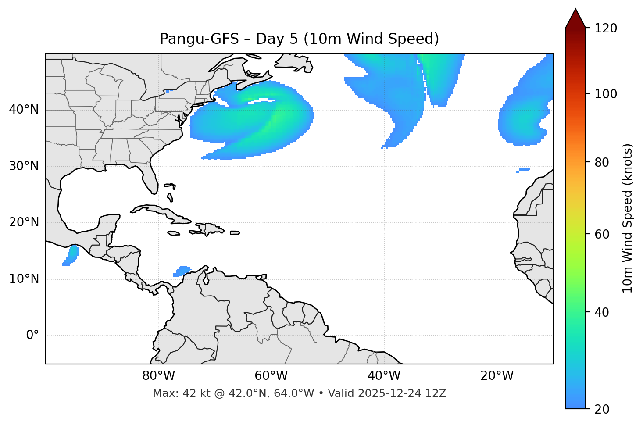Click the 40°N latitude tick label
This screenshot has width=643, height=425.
(x=24, y=110)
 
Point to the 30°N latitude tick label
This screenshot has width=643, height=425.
(x=24, y=166)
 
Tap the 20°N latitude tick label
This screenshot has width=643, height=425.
(x=24, y=222)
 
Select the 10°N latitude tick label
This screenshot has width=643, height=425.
(x=24, y=279)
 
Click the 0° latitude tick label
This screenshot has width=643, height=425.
(x=32, y=336)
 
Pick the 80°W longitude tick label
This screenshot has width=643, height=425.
(x=158, y=376)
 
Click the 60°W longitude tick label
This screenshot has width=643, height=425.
(x=271, y=376)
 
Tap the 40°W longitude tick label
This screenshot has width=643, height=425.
(x=384, y=376)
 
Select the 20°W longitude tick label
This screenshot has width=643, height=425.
(x=497, y=376)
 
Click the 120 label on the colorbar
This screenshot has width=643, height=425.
(x=606, y=29)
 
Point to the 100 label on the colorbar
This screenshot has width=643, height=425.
(x=606, y=94)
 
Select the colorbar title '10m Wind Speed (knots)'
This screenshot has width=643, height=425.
(x=628, y=218)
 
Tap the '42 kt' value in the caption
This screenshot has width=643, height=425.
(x=191, y=393)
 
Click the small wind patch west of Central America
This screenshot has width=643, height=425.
(x=71, y=255)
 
